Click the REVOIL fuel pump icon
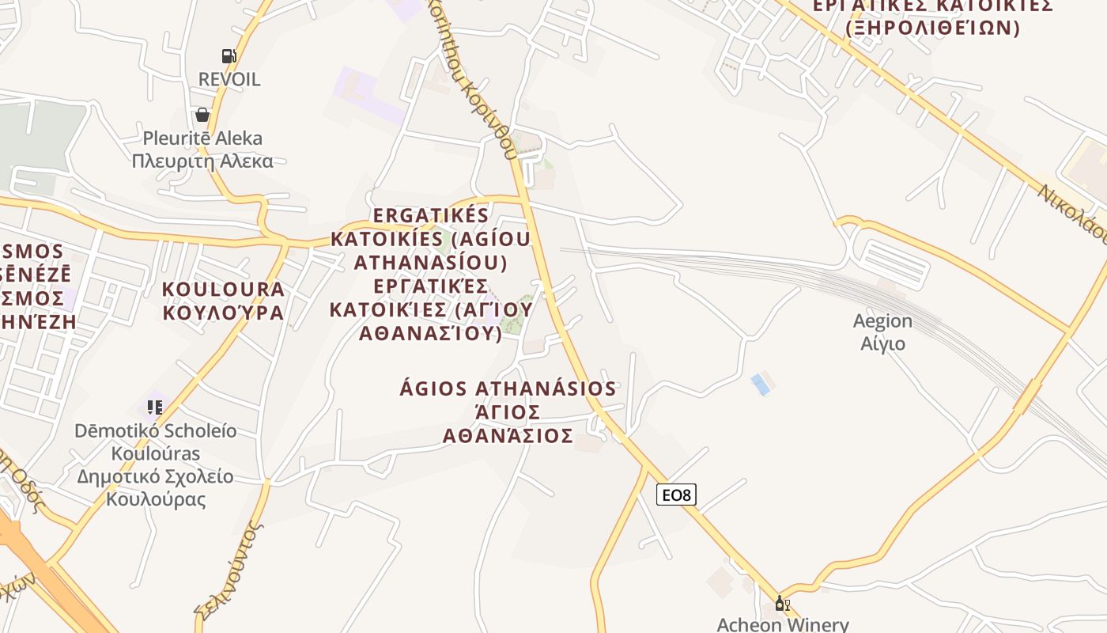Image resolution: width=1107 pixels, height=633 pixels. click(229, 55)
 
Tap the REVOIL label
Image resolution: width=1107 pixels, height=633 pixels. click(229, 79)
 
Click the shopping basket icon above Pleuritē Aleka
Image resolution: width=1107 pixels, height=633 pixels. click(202, 115)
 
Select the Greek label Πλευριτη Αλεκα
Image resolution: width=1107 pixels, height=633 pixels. click(202, 161)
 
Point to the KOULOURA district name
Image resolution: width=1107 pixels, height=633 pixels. click(223, 289)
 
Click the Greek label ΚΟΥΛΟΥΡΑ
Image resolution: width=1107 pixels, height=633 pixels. click(223, 313)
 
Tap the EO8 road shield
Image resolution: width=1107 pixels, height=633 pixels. click(676, 495)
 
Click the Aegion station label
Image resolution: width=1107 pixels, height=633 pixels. click(882, 321)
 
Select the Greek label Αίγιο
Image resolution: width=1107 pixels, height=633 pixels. click(882, 344)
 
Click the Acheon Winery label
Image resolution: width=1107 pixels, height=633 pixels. click(782, 624)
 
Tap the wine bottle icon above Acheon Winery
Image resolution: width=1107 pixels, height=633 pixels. click(782, 604)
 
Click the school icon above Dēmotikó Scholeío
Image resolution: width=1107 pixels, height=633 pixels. click(154, 407)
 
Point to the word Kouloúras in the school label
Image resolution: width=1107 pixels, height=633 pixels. click(155, 454)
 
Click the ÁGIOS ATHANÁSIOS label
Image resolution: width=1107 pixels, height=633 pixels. click(508, 389)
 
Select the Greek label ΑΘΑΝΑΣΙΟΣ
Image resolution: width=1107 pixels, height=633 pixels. click(508, 436)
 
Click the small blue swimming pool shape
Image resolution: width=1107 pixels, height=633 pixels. click(760, 385)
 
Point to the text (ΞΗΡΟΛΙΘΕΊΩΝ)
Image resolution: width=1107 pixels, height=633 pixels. click(932, 28)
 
